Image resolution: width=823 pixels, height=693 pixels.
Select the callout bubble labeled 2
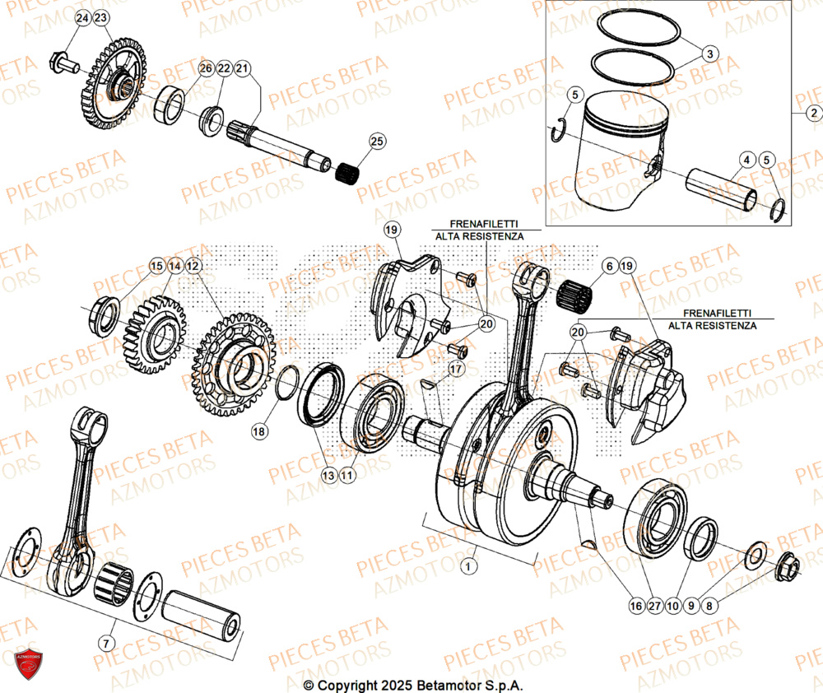pos(811,113)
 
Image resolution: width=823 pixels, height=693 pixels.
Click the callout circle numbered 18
pos(259,430)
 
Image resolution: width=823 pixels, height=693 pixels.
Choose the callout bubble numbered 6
pos(608,266)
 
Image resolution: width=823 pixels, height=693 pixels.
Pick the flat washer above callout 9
pos(755,555)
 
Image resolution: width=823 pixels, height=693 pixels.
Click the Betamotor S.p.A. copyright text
pos(412,685)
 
